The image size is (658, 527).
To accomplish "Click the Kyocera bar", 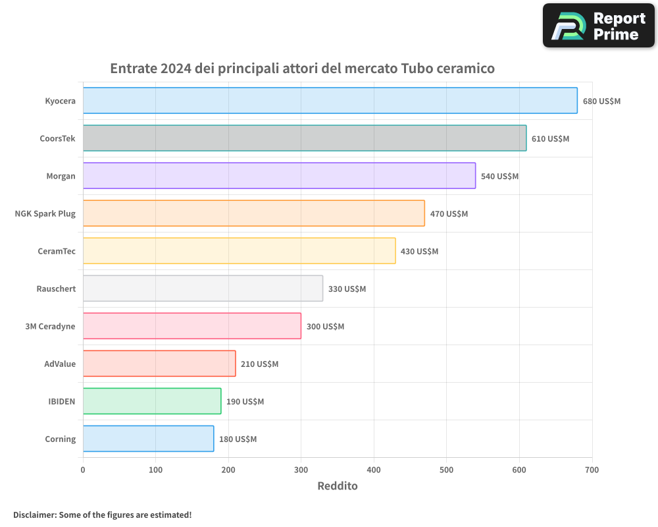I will [x=330, y=101].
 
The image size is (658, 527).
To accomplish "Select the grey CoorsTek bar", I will [x=305, y=138].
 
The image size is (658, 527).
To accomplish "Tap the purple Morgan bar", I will [x=279, y=176].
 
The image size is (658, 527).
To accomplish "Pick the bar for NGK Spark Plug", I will [x=253, y=213].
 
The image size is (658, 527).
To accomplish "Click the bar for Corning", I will [x=148, y=439].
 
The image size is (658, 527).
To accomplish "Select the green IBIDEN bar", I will [x=152, y=401].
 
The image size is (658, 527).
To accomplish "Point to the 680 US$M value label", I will [x=601, y=101].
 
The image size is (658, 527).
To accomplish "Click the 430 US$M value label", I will [x=419, y=252].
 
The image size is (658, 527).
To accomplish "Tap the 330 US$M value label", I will [x=347, y=289].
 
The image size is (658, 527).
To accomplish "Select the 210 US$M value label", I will [x=259, y=364].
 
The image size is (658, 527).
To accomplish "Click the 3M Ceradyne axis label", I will [x=50, y=327].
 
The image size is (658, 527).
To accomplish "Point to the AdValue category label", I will [x=60, y=364].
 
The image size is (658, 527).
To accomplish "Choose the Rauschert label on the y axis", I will [x=56, y=289].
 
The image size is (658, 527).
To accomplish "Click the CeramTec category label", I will [x=57, y=252].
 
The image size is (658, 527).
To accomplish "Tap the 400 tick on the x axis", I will [x=374, y=470].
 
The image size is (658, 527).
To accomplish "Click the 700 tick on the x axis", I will [x=592, y=470].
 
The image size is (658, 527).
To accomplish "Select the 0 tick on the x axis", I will [x=83, y=470].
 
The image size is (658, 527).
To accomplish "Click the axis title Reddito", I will [x=337, y=486].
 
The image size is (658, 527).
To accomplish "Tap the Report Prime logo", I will [x=599, y=26].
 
